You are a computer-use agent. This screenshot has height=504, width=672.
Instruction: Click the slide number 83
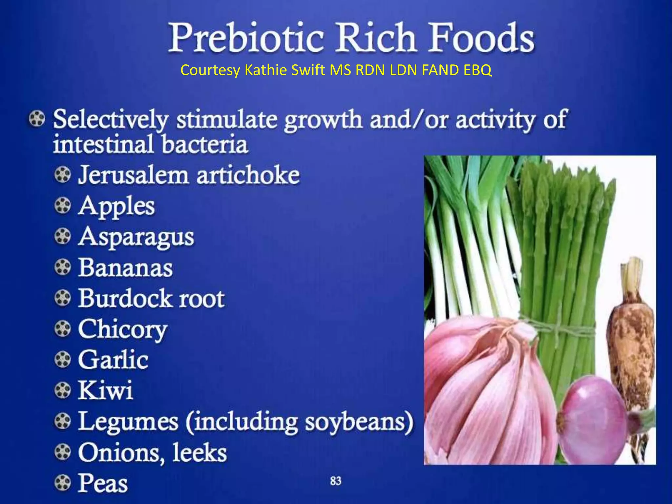coord(336,481)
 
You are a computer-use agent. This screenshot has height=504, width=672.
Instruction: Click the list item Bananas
coord(125,268)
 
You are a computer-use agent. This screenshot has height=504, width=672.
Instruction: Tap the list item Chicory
coord(122,329)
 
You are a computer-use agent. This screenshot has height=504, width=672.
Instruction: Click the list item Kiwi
coord(105,390)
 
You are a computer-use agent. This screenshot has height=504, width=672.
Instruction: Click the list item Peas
coord(103,483)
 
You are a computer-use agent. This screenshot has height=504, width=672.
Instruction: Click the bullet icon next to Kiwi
coord(62,391)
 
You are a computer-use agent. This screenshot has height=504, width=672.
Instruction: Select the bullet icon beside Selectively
coord(37,118)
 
